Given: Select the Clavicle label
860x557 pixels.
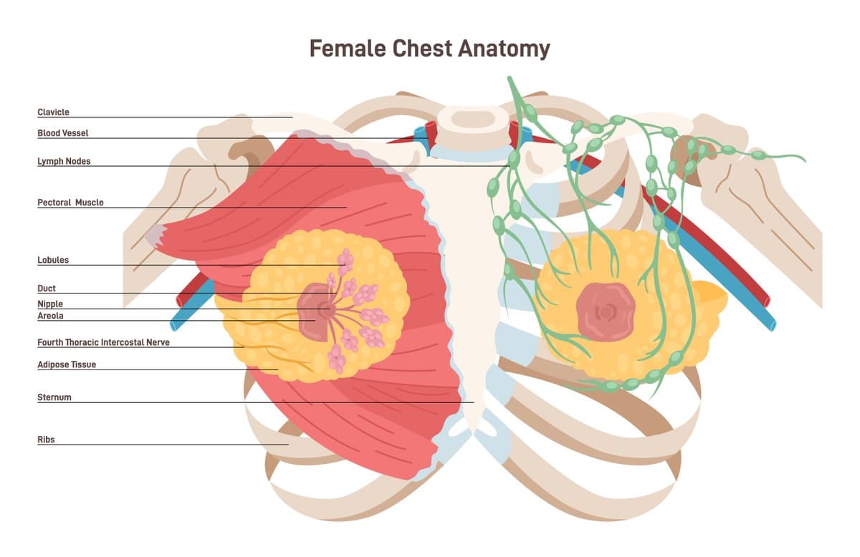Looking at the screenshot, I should [x=53, y=112].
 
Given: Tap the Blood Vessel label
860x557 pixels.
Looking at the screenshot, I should [x=63, y=133].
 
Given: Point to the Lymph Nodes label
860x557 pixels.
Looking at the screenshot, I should [x=64, y=162].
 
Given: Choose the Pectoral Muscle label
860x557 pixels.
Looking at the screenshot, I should [x=70, y=203].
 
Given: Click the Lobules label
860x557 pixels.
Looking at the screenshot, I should [x=53, y=261].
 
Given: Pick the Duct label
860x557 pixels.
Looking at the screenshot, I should [x=47, y=289].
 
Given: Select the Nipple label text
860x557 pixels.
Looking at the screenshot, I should [x=50, y=304].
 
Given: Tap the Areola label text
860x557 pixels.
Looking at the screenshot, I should [x=51, y=316].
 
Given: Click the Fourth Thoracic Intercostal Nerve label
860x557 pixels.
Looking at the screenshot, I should [x=103, y=343].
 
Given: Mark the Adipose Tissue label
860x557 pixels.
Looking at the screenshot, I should [x=67, y=365].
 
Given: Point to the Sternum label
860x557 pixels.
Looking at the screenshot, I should [x=54, y=397].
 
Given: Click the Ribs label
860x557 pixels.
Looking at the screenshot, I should [x=46, y=440].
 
